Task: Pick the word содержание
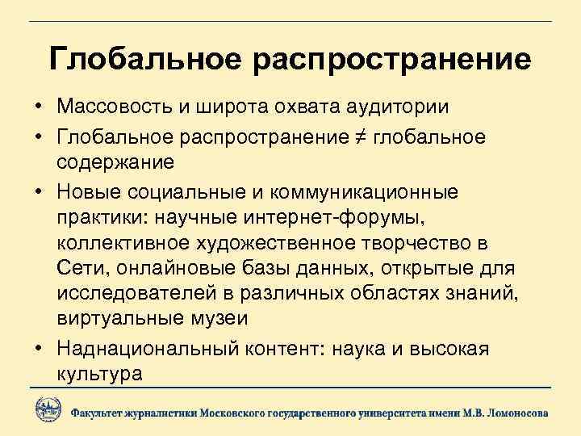(x=115, y=163)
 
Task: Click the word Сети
(x=79, y=269)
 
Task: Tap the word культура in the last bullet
(x=100, y=374)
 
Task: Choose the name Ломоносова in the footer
(x=516, y=412)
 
